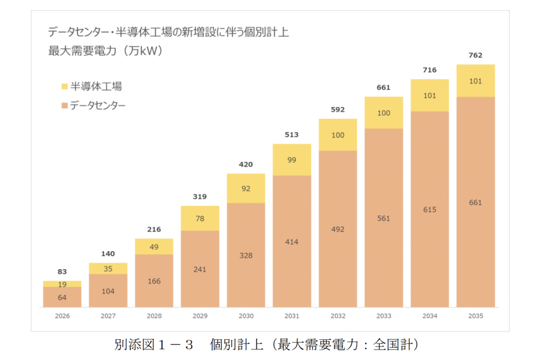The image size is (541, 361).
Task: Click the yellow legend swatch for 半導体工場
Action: (x=64, y=86)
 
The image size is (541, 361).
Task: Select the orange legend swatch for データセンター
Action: (x=64, y=106)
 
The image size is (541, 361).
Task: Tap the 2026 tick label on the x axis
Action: (x=62, y=316)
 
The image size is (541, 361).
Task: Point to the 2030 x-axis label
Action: (x=246, y=316)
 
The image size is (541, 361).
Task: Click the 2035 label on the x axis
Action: (x=475, y=316)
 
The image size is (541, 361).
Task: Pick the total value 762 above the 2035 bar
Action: (x=475, y=55)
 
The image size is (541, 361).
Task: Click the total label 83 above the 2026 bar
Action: (x=62, y=272)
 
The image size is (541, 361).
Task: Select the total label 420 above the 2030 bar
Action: (x=246, y=165)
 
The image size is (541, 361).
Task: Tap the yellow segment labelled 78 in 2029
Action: (x=200, y=218)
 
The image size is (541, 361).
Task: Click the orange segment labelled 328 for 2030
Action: (x=246, y=255)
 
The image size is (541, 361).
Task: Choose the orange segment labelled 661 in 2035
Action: (x=475, y=202)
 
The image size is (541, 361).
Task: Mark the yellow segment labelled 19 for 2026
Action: (x=62, y=284)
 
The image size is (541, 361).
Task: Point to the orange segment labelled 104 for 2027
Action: (x=108, y=291)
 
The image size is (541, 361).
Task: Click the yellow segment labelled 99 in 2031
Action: (x=292, y=160)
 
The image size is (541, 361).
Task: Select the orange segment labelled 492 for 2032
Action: (x=338, y=229)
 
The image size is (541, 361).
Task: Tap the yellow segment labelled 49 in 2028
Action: (x=154, y=246)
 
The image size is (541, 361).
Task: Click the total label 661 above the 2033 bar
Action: (x=384, y=88)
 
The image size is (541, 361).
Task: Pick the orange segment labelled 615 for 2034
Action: (x=430, y=210)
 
